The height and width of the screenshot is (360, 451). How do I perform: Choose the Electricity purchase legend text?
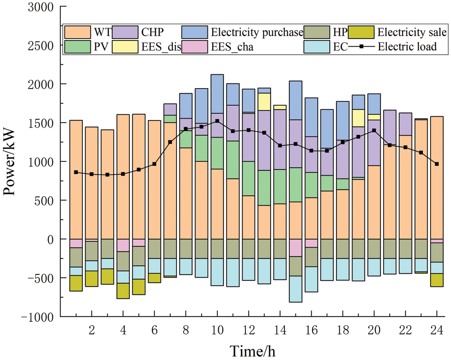[x=257, y=32]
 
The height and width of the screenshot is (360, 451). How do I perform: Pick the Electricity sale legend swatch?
[x=361, y=32]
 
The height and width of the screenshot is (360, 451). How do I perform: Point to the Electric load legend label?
[x=407, y=47]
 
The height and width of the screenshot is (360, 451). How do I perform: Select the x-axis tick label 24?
[x=437, y=330]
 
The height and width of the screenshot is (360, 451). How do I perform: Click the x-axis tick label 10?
[x=217, y=330]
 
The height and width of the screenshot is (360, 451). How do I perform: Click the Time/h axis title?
[x=252, y=351]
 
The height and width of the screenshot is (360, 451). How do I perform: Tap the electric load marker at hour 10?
[x=217, y=121]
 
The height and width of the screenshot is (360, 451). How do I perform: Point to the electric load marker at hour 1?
[x=76, y=172]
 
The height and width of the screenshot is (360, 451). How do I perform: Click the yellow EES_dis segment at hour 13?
[x=264, y=101]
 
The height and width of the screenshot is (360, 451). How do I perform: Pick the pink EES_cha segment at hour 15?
[x=295, y=248]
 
